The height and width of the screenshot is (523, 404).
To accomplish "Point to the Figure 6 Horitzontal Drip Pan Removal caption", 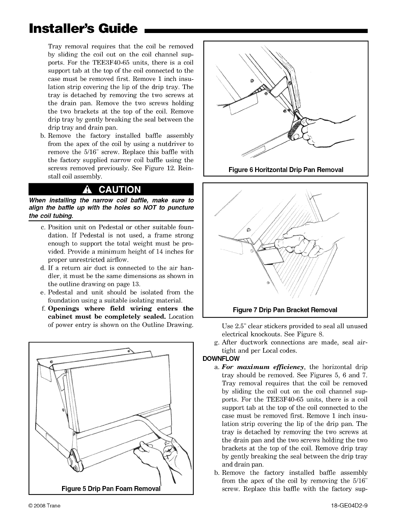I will tap(286, 170).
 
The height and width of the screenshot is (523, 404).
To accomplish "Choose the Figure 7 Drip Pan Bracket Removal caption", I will tap(285, 310).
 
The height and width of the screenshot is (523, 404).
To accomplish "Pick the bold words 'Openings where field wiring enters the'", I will tap(121, 308).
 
